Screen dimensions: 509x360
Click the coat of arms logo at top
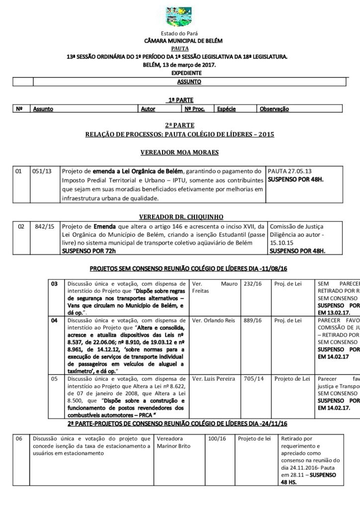(180, 15)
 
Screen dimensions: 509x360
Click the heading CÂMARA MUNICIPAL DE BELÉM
(180, 41)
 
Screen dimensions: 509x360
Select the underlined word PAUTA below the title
(180, 49)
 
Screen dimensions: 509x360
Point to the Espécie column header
(227, 108)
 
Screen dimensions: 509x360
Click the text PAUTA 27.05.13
(287, 171)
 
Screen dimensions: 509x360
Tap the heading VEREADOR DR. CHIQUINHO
(180, 217)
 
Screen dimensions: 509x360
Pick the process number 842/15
(44, 227)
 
